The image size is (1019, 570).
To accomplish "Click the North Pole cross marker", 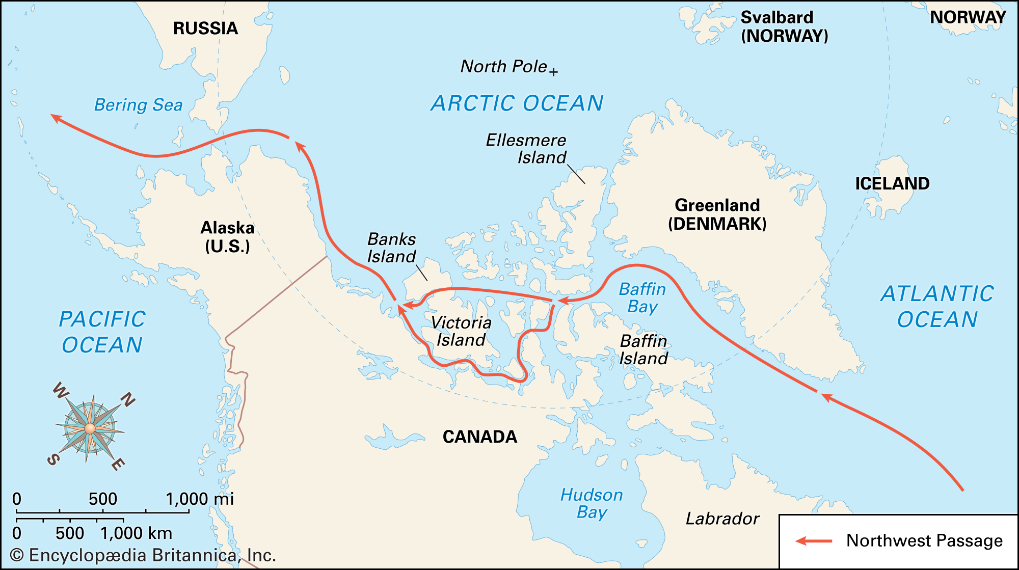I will point(553,72).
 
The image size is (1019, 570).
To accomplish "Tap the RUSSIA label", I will point(205,29).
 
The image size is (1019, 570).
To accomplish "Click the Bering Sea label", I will point(138,105).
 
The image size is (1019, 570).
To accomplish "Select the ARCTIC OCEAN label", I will point(517,103).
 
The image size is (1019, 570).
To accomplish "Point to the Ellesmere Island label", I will point(526,148).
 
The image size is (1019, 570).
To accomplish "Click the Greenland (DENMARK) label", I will point(717,214).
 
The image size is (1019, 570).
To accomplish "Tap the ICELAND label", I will point(892,183).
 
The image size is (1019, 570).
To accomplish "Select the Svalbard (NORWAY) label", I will point(784,26).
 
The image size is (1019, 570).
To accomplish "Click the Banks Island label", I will point(391,248).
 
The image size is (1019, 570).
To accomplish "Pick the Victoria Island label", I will point(461,331).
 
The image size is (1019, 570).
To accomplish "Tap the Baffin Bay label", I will point(642,298).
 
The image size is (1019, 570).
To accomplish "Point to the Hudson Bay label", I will point(592,503).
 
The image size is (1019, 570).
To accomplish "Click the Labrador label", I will point(722,519).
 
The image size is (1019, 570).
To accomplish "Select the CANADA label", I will point(479,437).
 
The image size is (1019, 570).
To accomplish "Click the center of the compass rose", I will point(90,428).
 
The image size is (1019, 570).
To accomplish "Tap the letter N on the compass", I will point(127,399).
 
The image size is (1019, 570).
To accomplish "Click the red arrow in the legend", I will point(814,540).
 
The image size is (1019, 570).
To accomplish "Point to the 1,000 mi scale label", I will point(200,499).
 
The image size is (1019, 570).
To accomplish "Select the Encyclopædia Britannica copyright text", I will point(143,555).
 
